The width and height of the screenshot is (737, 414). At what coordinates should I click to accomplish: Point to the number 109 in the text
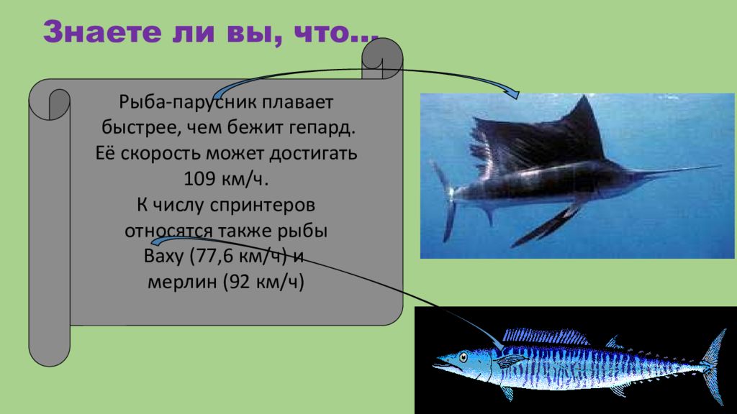tap(199, 178)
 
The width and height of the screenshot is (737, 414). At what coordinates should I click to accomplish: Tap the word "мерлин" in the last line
tap(183, 282)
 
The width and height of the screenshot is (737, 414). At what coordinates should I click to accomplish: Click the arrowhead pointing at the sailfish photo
tap(512, 92)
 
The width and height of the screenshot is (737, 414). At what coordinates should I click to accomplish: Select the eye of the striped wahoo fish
tap(463, 355)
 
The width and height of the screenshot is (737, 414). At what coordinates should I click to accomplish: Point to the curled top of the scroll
tap(381, 57)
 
